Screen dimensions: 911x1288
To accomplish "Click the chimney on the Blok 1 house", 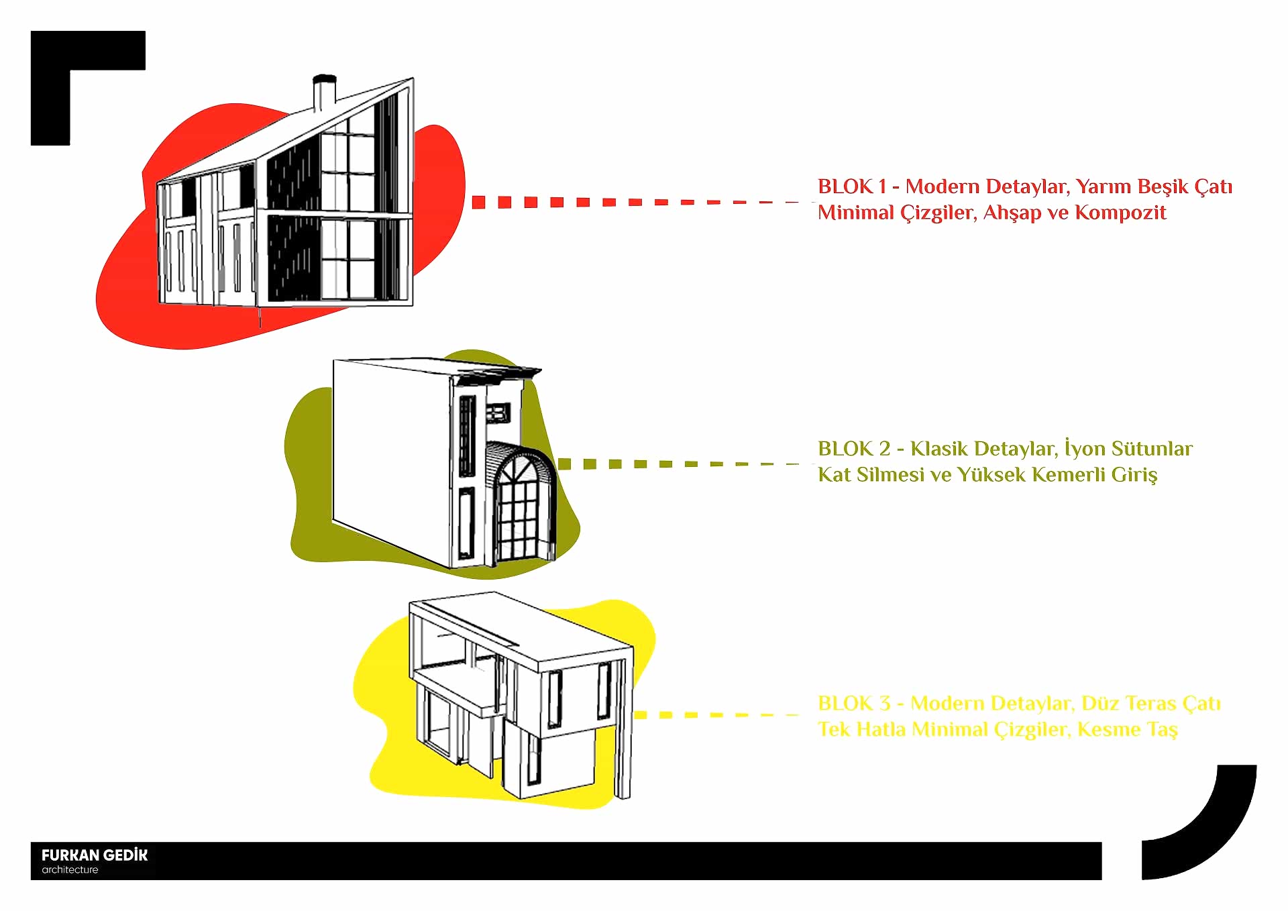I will point(325,94).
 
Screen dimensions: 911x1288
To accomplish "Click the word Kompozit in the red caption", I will point(1120,213).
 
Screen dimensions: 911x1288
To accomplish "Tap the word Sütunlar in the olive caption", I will point(1152,449).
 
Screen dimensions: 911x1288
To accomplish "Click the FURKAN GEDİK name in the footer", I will point(95,855).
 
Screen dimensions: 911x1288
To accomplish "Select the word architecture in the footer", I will point(70,870).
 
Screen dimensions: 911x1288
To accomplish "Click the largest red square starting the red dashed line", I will point(478,202).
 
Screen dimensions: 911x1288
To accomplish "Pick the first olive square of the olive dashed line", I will point(564,464).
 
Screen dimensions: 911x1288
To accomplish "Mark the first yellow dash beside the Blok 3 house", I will point(641,715).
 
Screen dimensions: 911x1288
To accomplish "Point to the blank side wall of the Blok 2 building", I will point(389,456).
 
